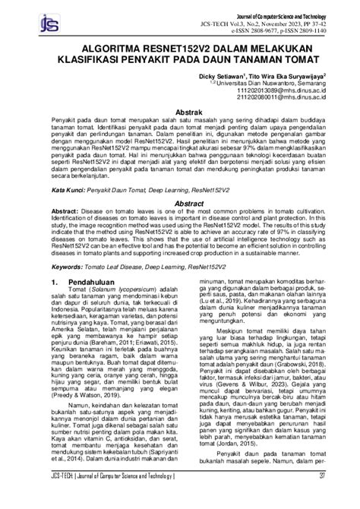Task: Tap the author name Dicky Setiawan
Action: click(221, 76)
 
